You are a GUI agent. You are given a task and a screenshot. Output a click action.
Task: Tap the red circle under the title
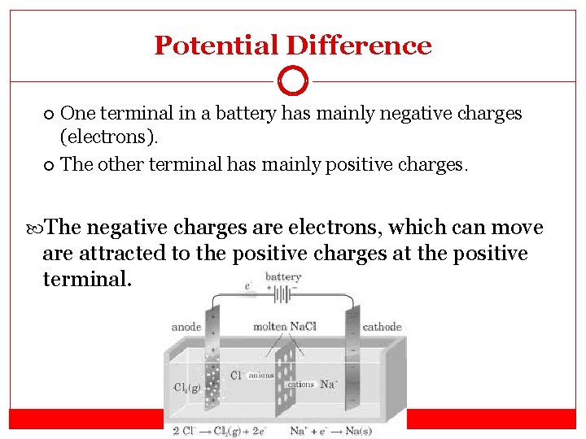[293, 81]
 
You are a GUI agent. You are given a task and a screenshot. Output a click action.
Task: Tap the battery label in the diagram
[282, 277]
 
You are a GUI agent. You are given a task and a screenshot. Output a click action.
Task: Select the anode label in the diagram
[186, 327]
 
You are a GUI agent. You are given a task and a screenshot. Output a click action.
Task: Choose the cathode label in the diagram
[382, 327]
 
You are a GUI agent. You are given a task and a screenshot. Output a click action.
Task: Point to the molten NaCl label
[285, 327]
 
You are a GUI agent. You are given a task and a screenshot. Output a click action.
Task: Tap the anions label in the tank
[260, 376]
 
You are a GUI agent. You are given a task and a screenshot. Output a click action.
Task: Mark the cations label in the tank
[300, 384]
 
